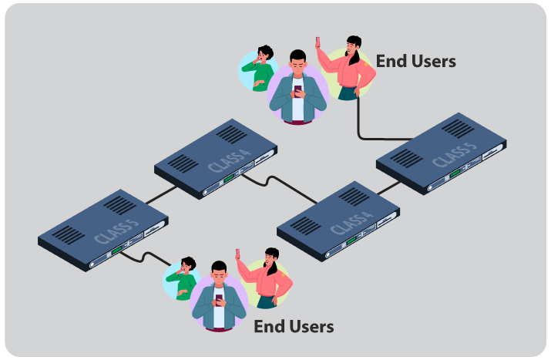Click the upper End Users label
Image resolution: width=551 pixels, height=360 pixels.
click(x=415, y=61)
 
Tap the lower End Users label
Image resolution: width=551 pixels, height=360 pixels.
click(x=294, y=326)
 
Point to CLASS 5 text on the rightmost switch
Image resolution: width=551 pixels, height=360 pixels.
click(x=455, y=153)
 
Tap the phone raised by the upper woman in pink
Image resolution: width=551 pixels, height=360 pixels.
click(x=317, y=41)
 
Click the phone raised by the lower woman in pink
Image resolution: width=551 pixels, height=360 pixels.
click(x=238, y=254)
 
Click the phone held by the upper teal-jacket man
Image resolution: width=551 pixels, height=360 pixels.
click(x=298, y=89)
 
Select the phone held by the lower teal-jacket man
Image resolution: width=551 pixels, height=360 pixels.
click(x=219, y=298)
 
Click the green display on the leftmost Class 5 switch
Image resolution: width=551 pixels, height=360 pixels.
click(x=116, y=251)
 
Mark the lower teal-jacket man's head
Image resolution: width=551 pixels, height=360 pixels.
click(x=219, y=272)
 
